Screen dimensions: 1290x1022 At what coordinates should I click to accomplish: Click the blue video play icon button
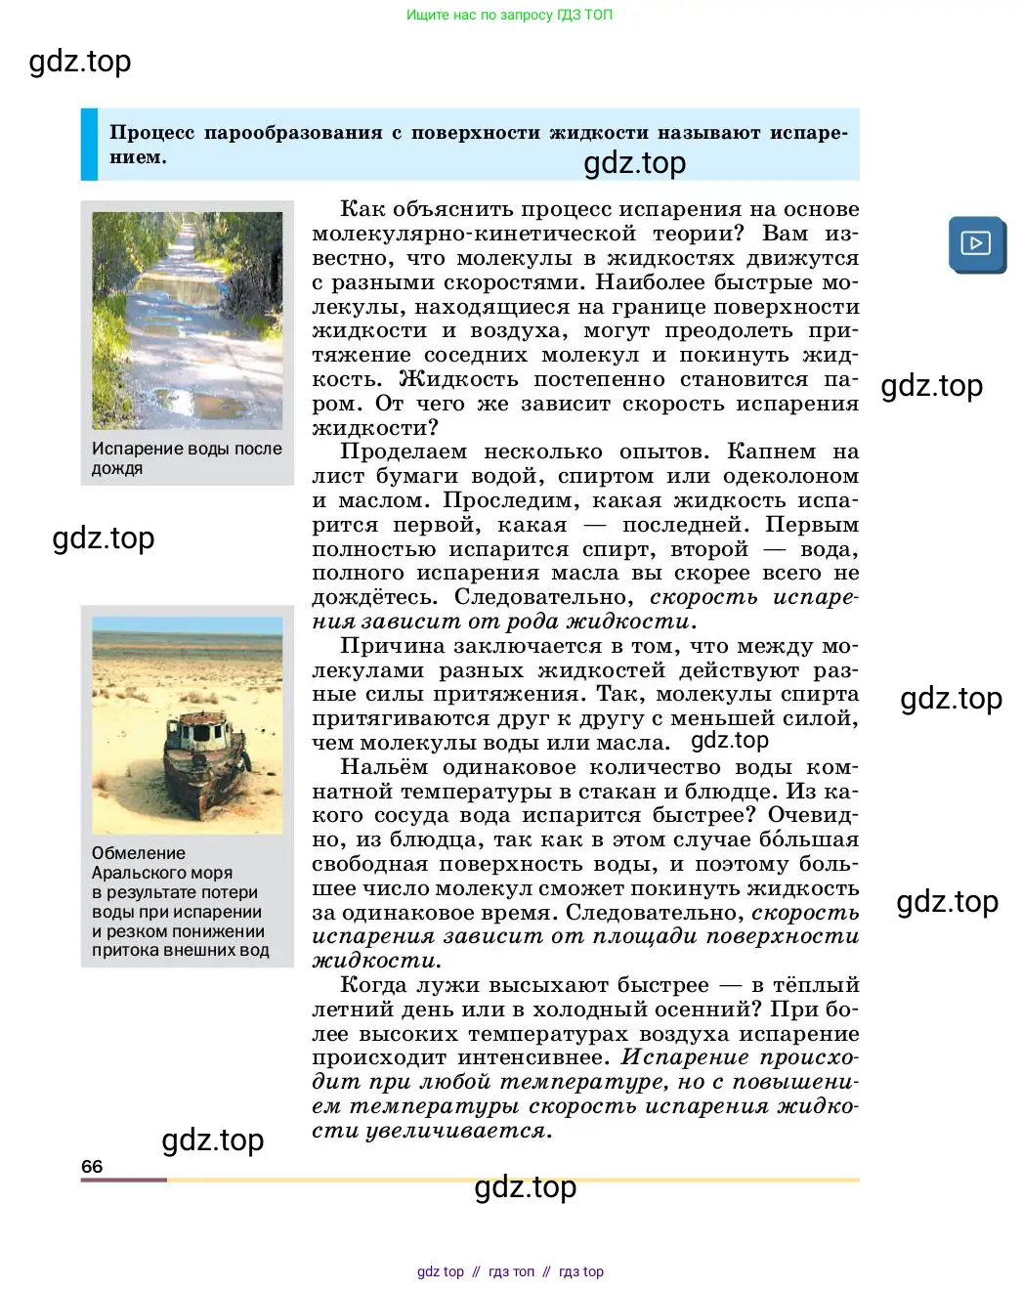pos(976,243)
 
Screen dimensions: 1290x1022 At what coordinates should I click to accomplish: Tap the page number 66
pos(92,1166)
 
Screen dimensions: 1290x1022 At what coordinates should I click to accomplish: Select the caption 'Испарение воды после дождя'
pos(187,458)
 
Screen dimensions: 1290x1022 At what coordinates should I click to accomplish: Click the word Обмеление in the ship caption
pos(138,853)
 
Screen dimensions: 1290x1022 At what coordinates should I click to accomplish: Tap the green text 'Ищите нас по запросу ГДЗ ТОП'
pos(509,15)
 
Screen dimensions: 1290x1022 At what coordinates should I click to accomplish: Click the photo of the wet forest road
pos(187,321)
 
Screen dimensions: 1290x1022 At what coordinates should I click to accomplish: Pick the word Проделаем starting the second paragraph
pos(403,451)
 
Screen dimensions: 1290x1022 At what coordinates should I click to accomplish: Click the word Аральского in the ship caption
pos(161,873)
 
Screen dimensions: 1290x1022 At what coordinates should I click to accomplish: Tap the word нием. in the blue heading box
pos(138,157)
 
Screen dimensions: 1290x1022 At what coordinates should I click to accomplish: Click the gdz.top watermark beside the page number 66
pos(213,1139)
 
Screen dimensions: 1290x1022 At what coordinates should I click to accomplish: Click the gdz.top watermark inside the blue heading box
pos(635,162)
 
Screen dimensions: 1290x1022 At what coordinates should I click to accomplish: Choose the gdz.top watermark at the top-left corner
pos(80,61)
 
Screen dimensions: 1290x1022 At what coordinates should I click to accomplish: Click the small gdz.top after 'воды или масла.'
pos(730,741)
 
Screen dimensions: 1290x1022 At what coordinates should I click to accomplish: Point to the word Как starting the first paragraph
pos(362,209)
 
